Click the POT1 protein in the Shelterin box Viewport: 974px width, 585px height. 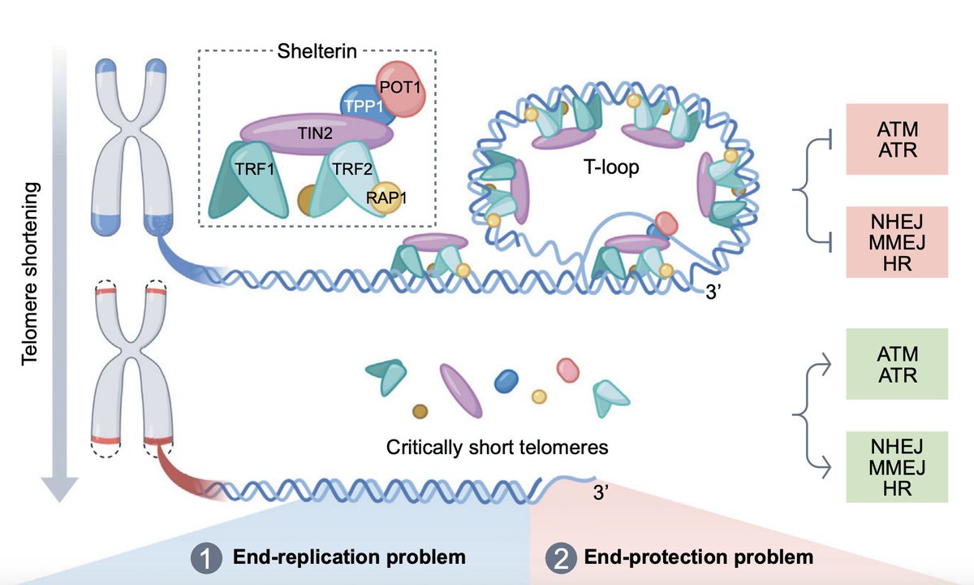(x=400, y=89)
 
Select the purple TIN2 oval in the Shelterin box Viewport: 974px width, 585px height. (x=316, y=133)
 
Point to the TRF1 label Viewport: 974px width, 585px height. (x=255, y=169)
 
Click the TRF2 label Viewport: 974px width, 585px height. (x=352, y=169)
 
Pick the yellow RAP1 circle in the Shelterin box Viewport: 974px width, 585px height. (x=386, y=197)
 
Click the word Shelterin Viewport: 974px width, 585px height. (x=317, y=51)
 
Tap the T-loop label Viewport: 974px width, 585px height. (x=611, y=167)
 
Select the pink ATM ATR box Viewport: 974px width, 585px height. (x=897, y=139)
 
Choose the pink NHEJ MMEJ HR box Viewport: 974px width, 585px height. (x=897, y=242)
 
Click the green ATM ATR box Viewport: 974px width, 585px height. (x=897, y=364)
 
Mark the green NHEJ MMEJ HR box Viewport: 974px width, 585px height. (x=897, y=467)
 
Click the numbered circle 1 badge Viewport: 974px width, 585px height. (x=206, y=557)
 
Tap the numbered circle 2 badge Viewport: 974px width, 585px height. (x=561, y=557)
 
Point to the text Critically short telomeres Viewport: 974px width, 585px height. (x=497, y=448)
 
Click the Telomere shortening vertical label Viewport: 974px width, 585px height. (x=31, y=274)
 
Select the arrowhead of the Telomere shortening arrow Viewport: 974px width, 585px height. (x=59, y=490)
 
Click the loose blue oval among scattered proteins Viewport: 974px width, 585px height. (x=506, y=381)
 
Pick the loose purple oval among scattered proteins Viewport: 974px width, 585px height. (x=461, y=391)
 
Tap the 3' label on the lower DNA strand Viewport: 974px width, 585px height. (x=601, y=492)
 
